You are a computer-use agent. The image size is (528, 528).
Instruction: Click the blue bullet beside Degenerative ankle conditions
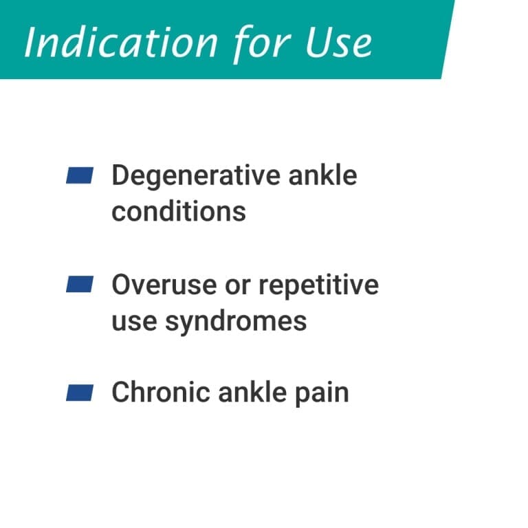tap(79, 176)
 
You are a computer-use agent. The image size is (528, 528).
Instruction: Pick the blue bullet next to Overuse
tap(79, 285)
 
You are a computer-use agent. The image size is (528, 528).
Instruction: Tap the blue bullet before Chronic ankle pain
tap(79, 393)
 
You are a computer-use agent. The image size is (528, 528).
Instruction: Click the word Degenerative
tap(186, 176)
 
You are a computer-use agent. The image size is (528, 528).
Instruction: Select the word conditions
tap(179, 211)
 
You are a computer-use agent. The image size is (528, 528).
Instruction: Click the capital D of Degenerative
tap(121, 176)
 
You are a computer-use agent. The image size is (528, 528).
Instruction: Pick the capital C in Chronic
tap(121, 393)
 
